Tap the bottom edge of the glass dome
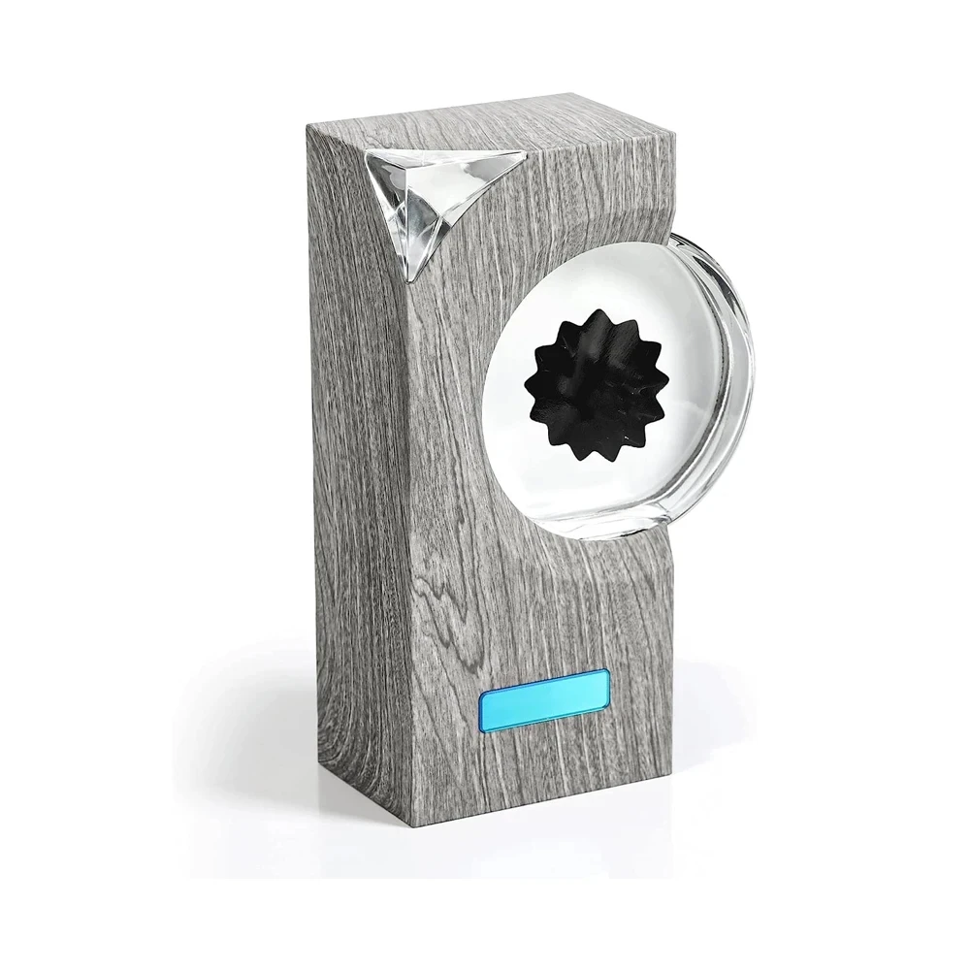click(621, 533)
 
